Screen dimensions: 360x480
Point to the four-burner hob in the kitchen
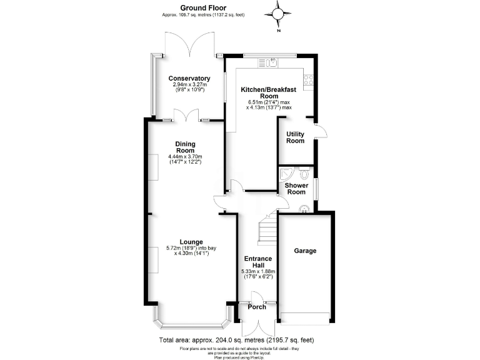(307, 79)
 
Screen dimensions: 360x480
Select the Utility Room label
(295, 137)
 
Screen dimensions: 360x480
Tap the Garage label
(305, 251)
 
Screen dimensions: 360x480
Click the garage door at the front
(305, 317)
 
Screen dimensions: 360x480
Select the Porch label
(256, 307)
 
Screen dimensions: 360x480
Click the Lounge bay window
(191, 324)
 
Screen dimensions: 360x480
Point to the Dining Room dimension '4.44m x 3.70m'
(186, 156)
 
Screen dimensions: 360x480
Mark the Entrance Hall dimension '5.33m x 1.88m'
(257, 271)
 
